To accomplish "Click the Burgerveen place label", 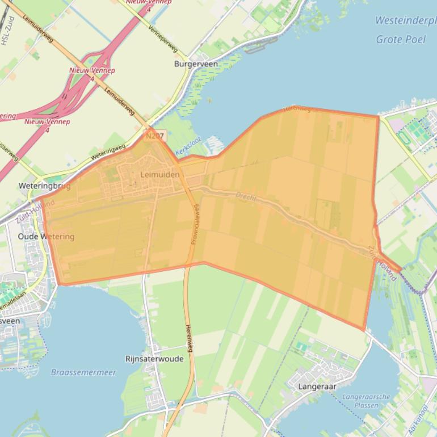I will pyautogui.click(x=196, y=64).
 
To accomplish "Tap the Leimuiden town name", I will pyautogui.click(x=160, y=175).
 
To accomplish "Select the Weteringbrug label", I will pyautogui.click(x=44, y=186).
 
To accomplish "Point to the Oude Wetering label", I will pyautogui.click(x=46, y=236).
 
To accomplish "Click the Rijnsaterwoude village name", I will pyautogui.click(x=154, y=359).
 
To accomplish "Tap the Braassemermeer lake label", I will pyautogui.click(x=83, y=372).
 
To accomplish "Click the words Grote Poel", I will pyautogui.click(x=401, y=39).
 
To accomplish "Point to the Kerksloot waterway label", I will pyautogui.click(x=189, y=149).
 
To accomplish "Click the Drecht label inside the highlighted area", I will pyautogui.click(x=246, y=197).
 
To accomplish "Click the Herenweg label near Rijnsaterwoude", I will pyautogui.click(x=189, y=338).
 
